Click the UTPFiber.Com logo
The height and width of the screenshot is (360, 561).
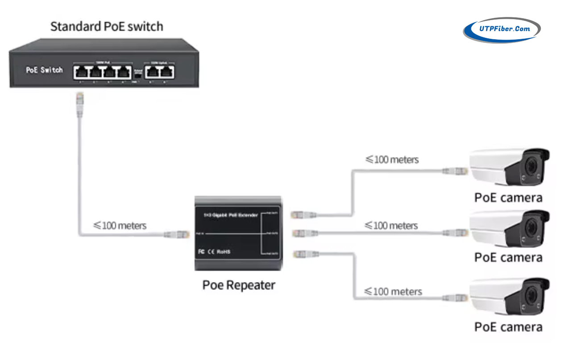coord(502,30)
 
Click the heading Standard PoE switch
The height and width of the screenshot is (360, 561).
coord(107,26)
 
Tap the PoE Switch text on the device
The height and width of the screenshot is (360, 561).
coord(44,70)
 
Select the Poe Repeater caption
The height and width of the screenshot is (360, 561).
coord(239,285)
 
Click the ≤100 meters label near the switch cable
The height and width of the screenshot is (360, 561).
coord(120,225)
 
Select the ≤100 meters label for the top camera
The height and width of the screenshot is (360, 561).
coord(392,159)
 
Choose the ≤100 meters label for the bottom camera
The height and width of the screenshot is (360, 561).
coord(393,292)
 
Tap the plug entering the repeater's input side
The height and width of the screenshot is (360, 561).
coord(179,234)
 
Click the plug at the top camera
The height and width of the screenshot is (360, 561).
coord(455,171)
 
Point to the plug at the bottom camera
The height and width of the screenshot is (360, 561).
coord(455,298)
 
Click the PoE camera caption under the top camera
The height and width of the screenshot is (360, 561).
coord(508,198)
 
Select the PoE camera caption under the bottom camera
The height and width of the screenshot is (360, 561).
coord(508,327)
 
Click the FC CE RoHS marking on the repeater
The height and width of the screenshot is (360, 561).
coord(214,252)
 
